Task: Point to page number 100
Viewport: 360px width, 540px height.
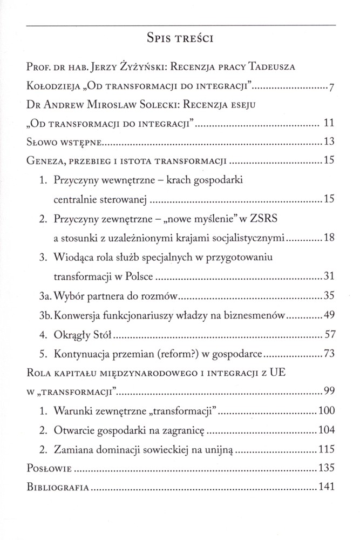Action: (328, 411)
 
